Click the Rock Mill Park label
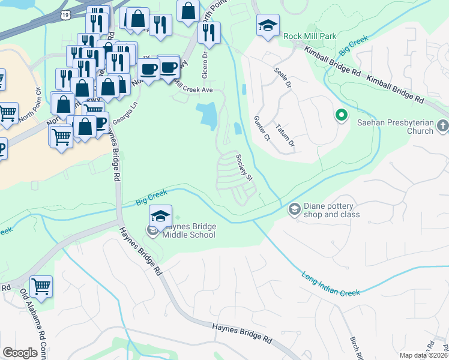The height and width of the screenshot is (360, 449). (x=311, y=36)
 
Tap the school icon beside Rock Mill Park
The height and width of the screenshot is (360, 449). (x=268, y=26)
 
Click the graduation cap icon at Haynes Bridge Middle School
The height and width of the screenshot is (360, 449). (x=160, y=217)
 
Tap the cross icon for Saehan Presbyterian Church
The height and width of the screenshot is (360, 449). (x=443, y=126)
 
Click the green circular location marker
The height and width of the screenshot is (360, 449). (x=342, y=114)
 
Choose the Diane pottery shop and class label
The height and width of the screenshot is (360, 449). (x=332, y=209)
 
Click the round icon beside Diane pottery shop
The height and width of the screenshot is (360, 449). (x=295, y=209)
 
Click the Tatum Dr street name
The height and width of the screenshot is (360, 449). (x=285, y=135)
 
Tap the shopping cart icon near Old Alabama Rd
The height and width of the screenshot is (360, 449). (x=41, y=287)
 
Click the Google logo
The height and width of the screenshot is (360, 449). (x=20, y=353)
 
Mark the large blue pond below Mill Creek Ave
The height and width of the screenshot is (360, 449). (x=207, y=115)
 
